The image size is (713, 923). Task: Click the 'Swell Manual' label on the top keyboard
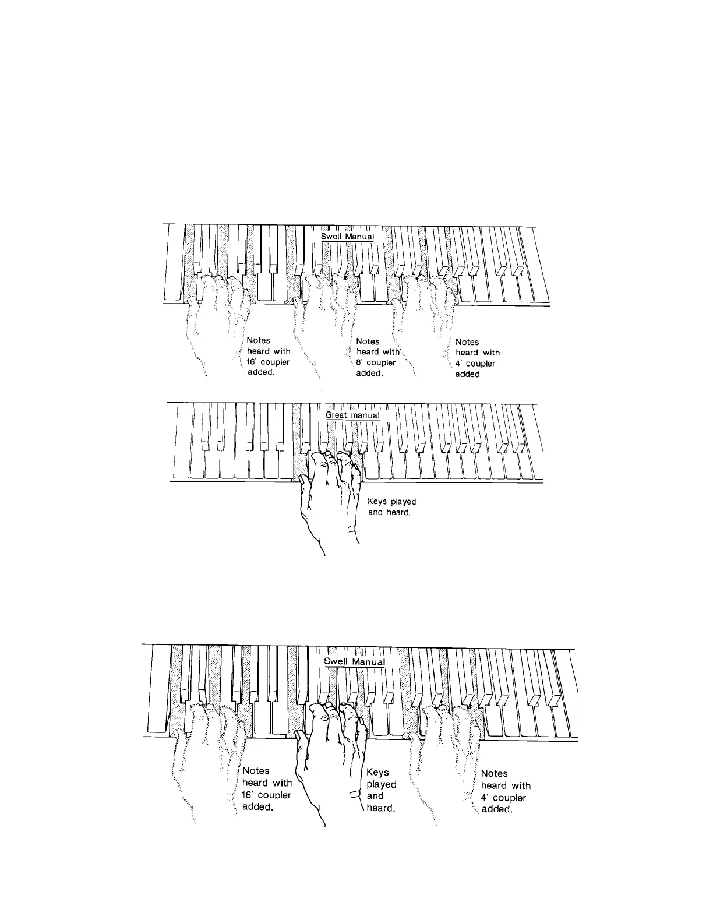tap(348, 237)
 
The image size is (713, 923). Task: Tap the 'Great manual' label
tap(352, 415)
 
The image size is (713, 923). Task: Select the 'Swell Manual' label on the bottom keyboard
tap(354, 661)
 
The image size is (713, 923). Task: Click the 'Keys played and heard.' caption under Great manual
tap(391, 507)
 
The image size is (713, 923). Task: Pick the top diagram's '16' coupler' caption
tap(268, 357)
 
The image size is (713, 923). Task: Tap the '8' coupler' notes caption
tap(377, 357)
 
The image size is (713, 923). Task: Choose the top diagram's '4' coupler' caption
tap(477, 358)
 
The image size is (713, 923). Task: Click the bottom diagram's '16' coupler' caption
tap(266, 789)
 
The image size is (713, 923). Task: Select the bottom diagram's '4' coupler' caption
tap(505, 791)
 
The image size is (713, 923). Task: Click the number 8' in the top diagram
tap(360, 362)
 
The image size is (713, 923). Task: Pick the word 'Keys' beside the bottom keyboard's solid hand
tap(377, 773)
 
